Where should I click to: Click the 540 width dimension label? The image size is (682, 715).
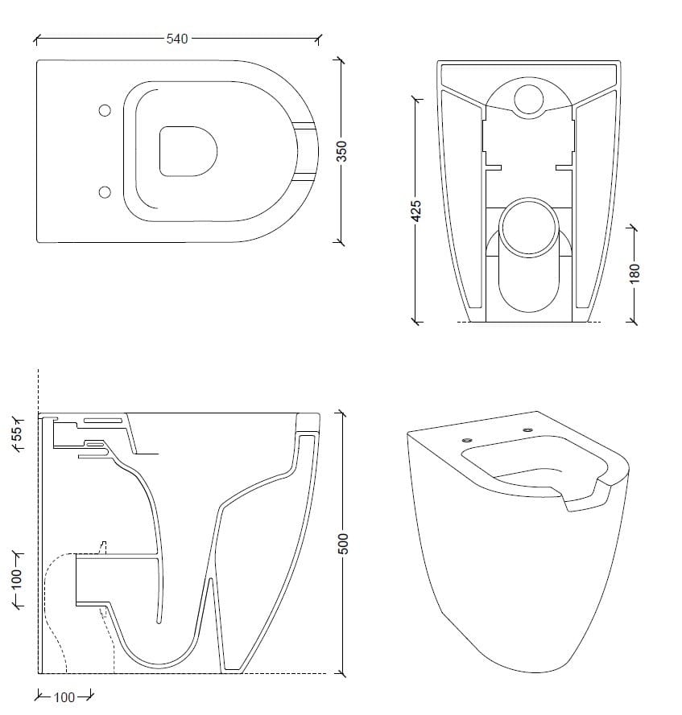(177, 39)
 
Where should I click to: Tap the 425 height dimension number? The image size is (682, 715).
(416, 211)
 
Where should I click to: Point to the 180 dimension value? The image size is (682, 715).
(634, 273)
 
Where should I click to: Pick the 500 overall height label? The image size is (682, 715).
(342, 543)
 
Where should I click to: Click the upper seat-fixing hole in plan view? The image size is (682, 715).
(105, 111)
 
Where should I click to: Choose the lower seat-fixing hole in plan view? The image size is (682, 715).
(105, 191)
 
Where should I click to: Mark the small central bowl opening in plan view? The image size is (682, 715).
(189, 150)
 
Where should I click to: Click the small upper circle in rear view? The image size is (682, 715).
(529, 98)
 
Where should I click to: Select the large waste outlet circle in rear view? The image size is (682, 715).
(528, 225)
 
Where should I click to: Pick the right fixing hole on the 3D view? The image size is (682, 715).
(527, 431)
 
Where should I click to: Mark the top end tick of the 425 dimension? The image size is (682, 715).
(416, 100)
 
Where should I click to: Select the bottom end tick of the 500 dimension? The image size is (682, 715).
(342, 672)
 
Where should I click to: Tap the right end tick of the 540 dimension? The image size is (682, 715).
(319, 38)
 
